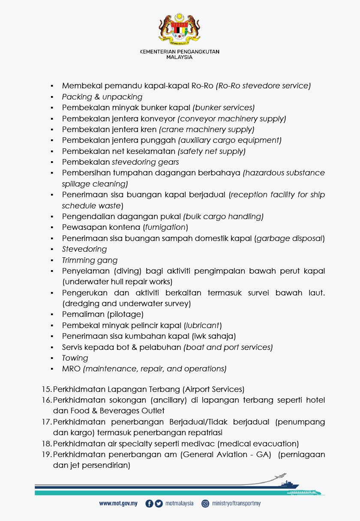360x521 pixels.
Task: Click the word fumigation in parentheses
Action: (166, 227)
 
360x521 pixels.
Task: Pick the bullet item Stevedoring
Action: (84, 249)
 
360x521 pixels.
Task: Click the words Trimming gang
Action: (90, 260)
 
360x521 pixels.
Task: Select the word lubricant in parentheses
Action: (203, 325)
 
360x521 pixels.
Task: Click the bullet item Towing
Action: (75, 358)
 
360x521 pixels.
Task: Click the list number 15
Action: (46, 389)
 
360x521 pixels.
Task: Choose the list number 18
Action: (46, 443)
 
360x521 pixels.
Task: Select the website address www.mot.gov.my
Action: (118, 503)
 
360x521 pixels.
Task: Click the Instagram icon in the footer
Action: (205, 503)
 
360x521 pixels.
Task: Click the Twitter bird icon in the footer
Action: (159, 503)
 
